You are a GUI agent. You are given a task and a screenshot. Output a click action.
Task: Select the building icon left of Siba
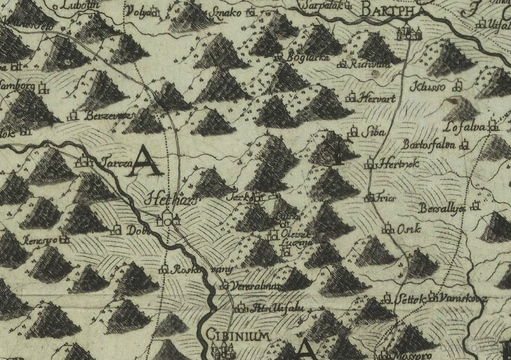349,133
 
